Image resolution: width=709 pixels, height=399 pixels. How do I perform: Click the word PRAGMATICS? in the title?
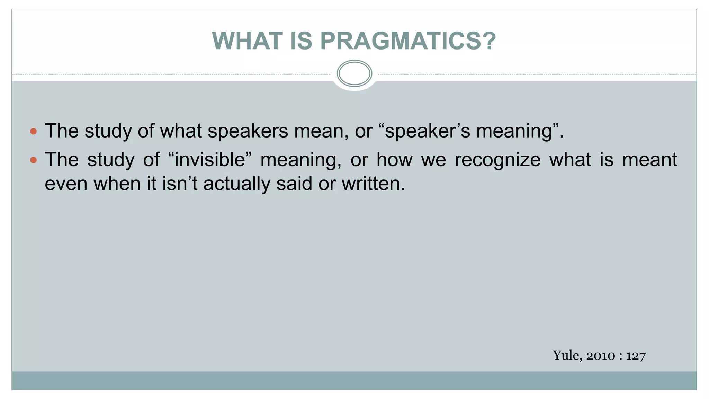[x=409, y=41]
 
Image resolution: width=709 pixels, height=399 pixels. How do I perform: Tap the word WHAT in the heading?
[x=247, y=41]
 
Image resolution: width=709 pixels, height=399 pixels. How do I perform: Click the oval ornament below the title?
[x=354, y=73]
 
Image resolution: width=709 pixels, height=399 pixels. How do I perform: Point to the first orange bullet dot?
[x=33, y=131]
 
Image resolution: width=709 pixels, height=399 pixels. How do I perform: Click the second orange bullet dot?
[x=33, y=160]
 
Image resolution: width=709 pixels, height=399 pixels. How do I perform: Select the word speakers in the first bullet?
[x=248, y=131]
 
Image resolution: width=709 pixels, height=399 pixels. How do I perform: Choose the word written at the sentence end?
[x=373, y=184]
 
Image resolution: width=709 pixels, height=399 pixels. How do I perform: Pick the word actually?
[x=236, y=184]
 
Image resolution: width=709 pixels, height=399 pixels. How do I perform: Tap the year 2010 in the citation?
[x=601, y=356]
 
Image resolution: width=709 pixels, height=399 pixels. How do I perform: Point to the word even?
[x=66, y=184]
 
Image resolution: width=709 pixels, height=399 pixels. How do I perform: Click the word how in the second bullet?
[x=394, y=160]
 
